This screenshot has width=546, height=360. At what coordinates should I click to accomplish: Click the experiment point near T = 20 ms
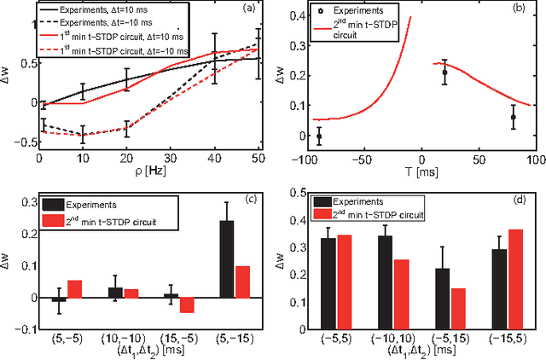pyautogui.click(x=444, y=73)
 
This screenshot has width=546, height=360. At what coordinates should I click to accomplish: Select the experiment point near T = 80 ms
pyautogui.click(x=514, y=117)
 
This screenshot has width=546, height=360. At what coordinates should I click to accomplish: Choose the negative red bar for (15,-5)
pyautogui.click(x=187, y=305)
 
